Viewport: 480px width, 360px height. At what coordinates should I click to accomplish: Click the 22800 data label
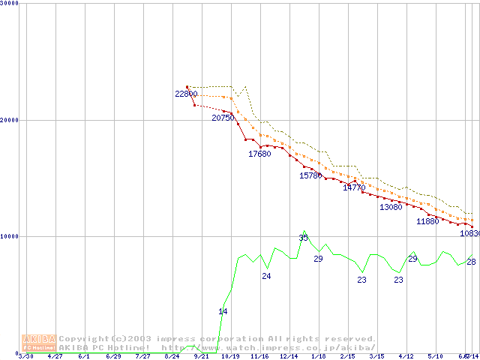186,94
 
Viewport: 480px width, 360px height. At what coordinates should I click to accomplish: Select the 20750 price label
223,118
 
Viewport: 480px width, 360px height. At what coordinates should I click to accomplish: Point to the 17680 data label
259,154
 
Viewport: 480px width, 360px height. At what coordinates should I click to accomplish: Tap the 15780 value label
310,175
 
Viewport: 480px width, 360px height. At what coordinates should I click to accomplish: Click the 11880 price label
427,221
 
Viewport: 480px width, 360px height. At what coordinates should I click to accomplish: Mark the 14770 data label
354,187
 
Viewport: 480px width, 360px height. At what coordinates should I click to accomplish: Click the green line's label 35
303,238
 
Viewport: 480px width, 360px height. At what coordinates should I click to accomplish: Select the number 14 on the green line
223,311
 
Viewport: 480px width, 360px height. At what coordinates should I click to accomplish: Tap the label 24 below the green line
266,276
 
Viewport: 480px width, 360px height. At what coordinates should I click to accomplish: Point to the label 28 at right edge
471,261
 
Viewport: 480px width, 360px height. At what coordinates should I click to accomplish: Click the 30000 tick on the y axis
10,3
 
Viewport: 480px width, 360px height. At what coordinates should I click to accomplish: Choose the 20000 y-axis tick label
10,120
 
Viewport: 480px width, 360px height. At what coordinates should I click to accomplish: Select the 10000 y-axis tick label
10,236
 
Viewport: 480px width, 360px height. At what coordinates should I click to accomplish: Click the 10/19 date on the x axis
230,356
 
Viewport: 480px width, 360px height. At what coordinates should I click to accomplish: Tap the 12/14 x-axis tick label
289,356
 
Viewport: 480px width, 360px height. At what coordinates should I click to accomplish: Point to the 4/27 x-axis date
55,356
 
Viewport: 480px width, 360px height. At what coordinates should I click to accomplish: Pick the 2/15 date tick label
347,356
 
